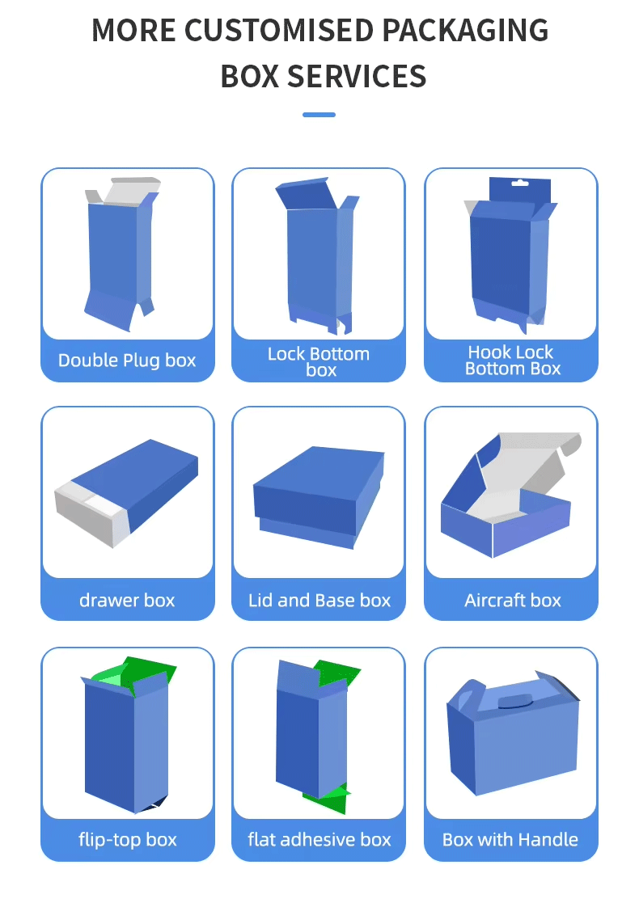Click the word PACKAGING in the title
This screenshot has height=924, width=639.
(x=465, y=31)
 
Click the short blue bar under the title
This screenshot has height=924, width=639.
(x=319, y=114)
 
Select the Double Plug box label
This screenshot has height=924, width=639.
(x=127, y=360)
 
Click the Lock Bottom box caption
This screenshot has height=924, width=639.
(x=319, y=361)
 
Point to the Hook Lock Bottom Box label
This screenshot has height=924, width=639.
(x=512, y=360)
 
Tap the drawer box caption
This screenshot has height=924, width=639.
(x=127, y=600)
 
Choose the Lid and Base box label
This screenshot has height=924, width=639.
(x=319, y=600)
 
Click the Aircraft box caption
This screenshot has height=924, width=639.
(x=513, y=600)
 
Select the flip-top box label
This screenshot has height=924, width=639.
(x=127, y=839)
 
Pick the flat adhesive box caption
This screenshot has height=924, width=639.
(x=319, y=839)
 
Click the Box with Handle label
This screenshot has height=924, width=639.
(x=510, y=839)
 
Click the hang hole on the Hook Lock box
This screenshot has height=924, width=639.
(x=519, y=184)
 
